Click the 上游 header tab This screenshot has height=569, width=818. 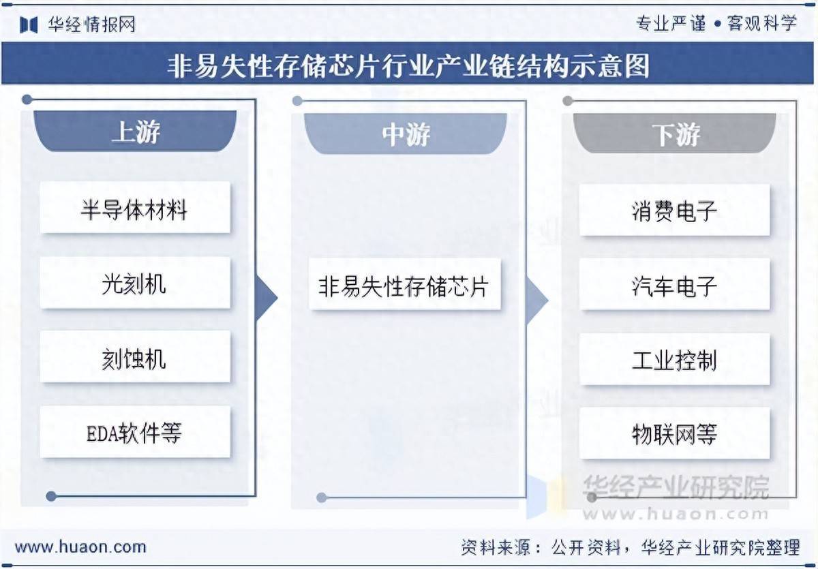click(135, 131)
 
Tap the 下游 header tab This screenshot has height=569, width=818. click(674, 134)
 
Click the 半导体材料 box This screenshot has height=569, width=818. click(135, 207)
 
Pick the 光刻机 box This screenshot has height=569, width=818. click(135, 283)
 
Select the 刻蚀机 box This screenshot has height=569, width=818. click(135, 357)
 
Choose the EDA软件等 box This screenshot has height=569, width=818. click(135, 432)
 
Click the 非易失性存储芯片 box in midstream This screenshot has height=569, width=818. click(405, 284)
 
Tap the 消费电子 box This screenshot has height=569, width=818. click(674, 211)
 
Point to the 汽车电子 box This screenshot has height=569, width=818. click(674, 284)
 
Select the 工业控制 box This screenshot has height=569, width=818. click(674, 359)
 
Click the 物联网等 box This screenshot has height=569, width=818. click(674, 433)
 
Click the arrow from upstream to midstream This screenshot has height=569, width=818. click(267, 298)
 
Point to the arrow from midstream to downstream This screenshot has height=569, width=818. click(537, 300)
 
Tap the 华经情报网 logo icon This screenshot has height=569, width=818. click(29, 25)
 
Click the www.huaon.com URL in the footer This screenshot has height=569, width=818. click(80, 547)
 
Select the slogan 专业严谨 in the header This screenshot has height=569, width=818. click(671, 24)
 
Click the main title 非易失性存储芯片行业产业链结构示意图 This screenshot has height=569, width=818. click(408, 65)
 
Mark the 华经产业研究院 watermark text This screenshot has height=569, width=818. click(676, 487)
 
